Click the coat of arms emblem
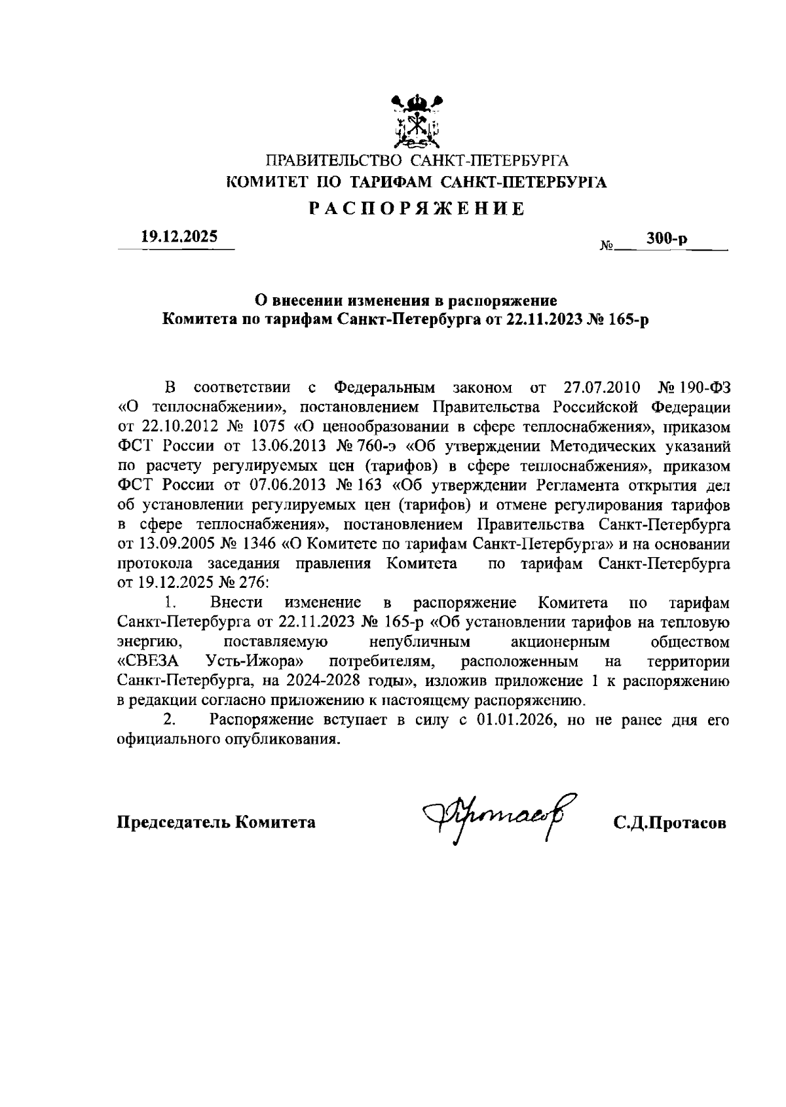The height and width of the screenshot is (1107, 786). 416,120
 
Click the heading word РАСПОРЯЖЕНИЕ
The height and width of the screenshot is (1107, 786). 417,209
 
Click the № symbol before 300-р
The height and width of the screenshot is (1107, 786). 606,247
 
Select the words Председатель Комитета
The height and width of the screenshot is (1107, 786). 216,822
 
